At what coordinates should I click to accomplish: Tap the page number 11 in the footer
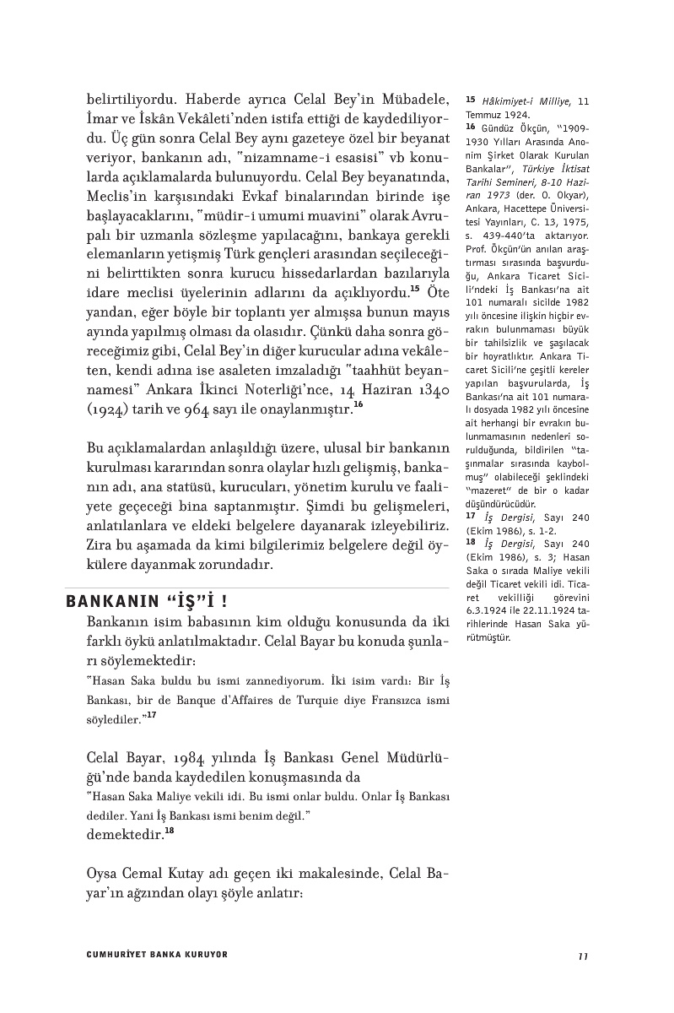tap(583, 955)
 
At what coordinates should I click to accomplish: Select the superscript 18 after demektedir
tap(170, 831)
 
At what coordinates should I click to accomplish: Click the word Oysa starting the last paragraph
tap(103, 872)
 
